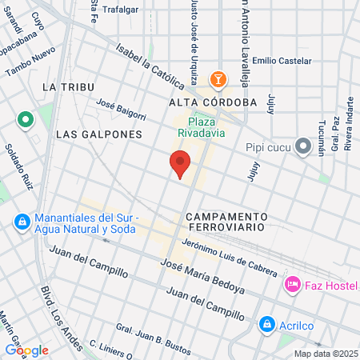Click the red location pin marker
[180, 164]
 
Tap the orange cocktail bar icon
[217, 79]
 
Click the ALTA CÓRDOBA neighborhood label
[212, 102]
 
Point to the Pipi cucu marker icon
[302, 146]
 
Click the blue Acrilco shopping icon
[266, 324]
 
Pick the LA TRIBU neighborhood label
[69, 86]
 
